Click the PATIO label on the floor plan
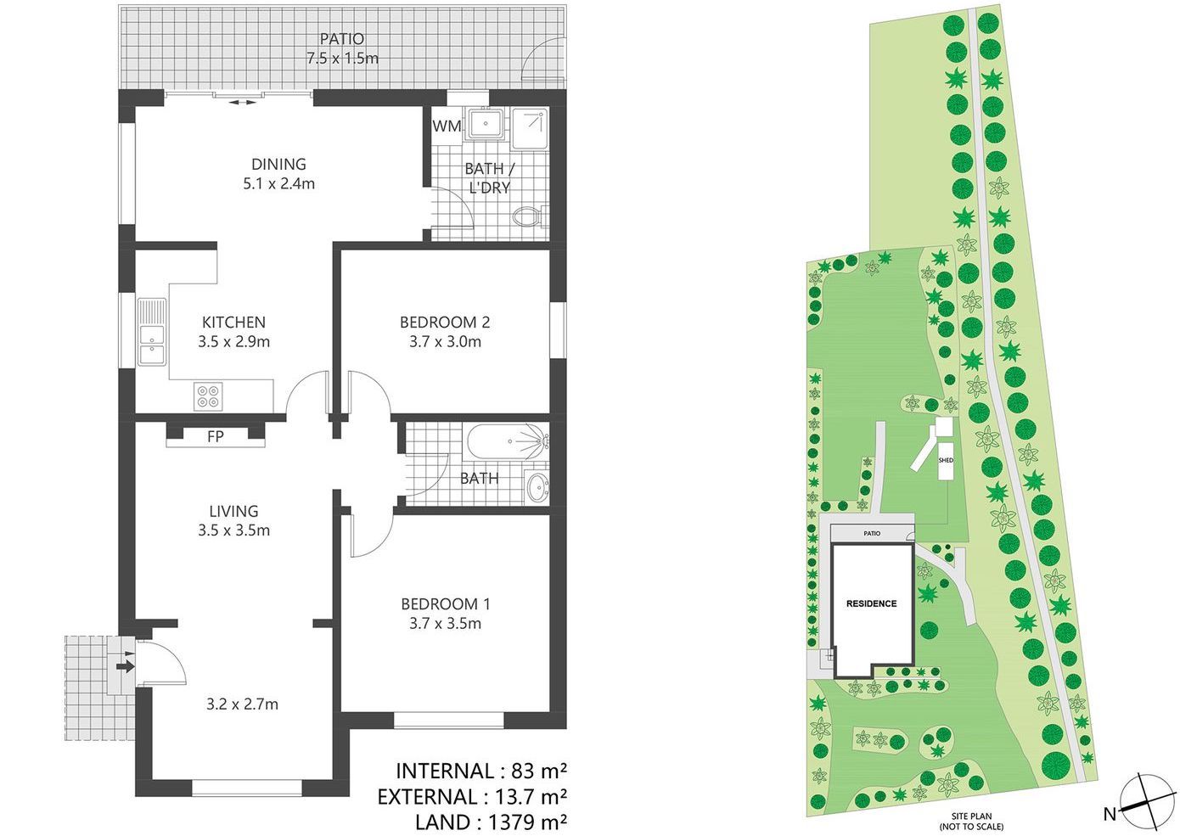click(342, 39)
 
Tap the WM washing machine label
click(447, 126)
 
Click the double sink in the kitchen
click(151, 333)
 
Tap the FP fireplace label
click(216, 436)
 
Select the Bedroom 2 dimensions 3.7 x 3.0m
click(444, 342)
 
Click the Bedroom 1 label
click(445, 604)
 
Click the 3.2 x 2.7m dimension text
click(242, 704)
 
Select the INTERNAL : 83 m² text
click(480, 771)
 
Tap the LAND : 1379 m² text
click(491, 822)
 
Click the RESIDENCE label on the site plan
click(871, 604)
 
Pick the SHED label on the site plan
click(946, 461)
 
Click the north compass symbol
click(1145, 801)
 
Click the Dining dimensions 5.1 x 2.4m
click(278, 183)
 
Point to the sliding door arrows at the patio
click(241, 102)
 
